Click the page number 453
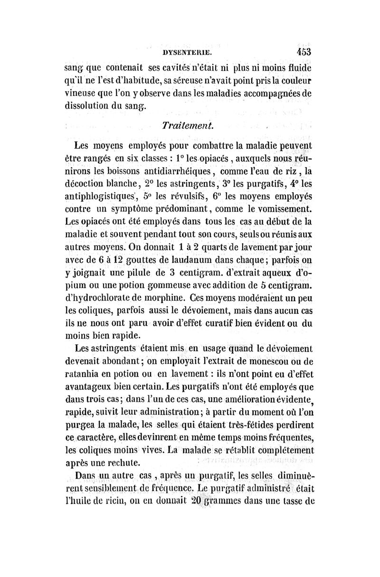(x=301, y=51)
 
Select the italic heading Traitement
(x=188, y=125)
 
